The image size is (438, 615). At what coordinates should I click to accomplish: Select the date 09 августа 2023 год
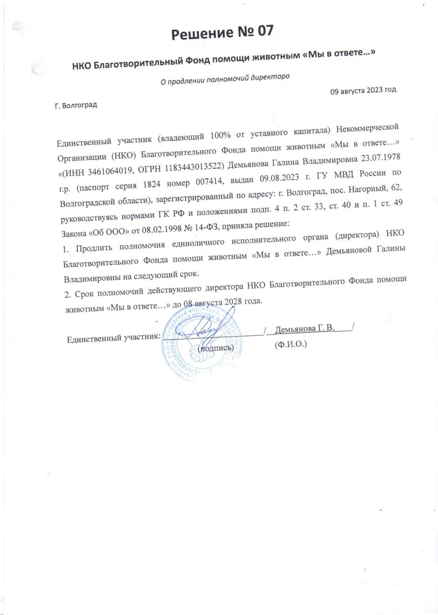363,91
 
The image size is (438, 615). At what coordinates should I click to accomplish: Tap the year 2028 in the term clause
233,302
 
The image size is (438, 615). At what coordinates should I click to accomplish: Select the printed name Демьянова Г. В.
305,328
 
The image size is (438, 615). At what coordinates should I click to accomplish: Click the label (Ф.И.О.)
291,344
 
